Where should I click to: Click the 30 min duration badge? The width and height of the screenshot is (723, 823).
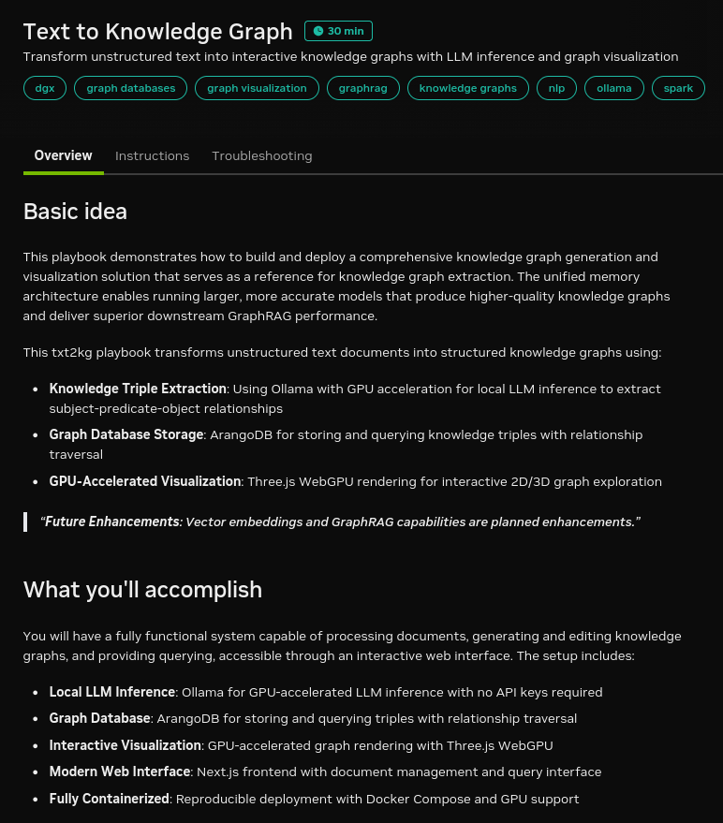click(x=338, y=31)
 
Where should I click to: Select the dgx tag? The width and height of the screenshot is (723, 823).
click(x=45, y=88)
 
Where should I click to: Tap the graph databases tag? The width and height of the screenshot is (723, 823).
click(x=131, y=88)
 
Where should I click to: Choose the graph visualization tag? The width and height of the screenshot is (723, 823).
click(x=257, y=88)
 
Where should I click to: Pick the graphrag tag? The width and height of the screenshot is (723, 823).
click(x=363, y=88)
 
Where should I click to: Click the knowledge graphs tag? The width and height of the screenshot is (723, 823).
click(x=468, y=88)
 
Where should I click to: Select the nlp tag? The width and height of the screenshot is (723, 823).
click(x=556, y=88)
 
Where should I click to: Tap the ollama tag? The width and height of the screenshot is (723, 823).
click(x=614, y=88)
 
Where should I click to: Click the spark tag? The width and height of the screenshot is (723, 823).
click(x=678, y=88)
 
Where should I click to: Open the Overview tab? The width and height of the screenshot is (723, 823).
click(x=64, y=155)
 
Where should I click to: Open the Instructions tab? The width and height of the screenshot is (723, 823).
click(x=152, y=155)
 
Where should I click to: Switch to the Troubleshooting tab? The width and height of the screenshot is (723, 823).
click(x=262, y=155)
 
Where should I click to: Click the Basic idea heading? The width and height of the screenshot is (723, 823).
click(x=75, y=212)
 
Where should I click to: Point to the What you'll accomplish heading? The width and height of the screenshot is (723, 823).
click(x=142, y=590)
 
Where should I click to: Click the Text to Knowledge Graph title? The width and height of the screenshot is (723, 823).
click(x=157, y=32)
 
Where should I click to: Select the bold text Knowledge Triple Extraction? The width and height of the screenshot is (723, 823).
click(x=138, y=389)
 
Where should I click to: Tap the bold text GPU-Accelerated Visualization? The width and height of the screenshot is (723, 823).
click(x=145, y=482)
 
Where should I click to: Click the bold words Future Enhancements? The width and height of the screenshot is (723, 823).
click(x=112, y=522)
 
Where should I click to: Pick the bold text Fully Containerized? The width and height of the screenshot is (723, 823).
click(x=109, y=800)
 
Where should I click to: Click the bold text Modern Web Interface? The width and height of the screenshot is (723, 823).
click(x=120, y=772)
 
